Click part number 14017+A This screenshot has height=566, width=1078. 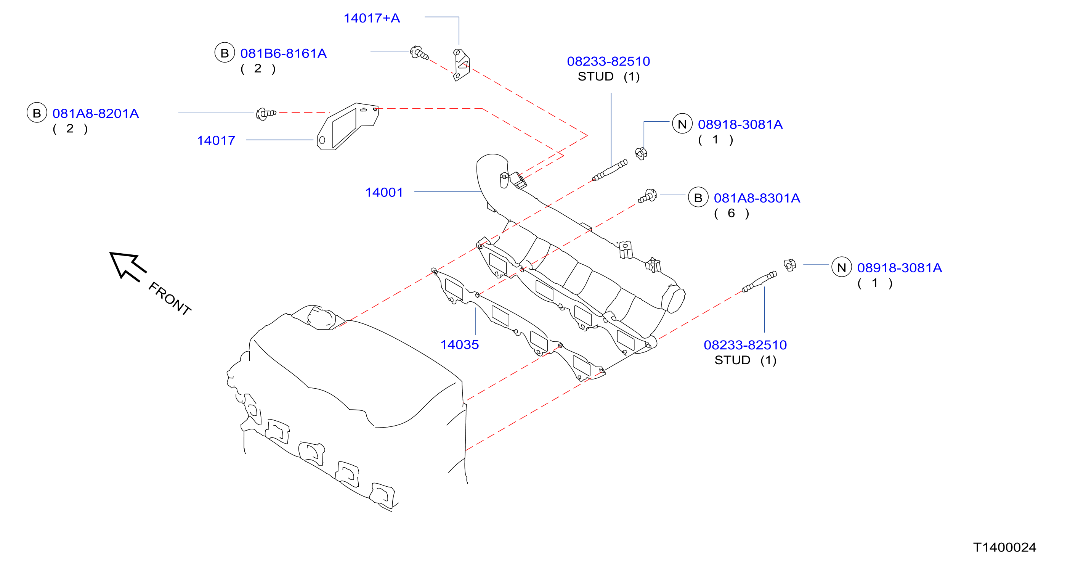tap(372, 18)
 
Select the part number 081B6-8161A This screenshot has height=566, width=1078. tap(283, 53)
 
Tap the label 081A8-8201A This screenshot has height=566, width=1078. tap(95, 113)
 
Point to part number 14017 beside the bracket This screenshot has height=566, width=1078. tap(216, 140)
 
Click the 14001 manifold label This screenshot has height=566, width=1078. tap(384, 192)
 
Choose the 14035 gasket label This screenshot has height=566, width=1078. tap(459, 344)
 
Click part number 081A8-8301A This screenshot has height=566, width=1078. tap(757, 198)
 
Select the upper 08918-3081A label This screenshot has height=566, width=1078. tap(740, 124)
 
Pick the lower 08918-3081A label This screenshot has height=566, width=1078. tap(899, 267)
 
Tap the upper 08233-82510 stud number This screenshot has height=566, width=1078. tap(608, 61)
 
